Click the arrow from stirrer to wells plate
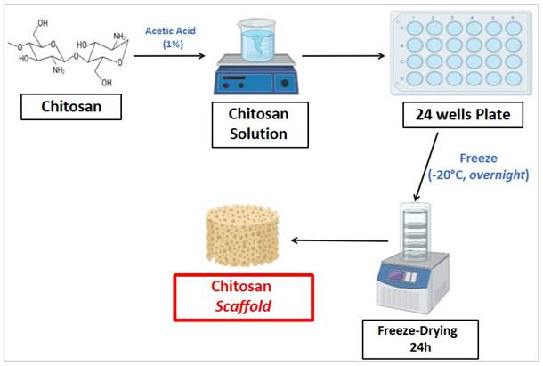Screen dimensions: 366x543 coord(343,55)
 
